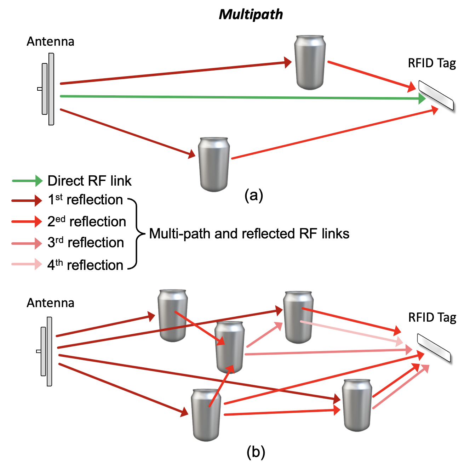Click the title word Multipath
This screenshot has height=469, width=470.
(x=251, y=15)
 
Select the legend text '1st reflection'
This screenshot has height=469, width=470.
(x=85, y=200)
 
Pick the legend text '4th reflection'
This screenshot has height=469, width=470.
(x=85, y=265)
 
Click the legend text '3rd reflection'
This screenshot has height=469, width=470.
(x=86, y=243)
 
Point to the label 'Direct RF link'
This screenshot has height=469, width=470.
(x=90, y=181)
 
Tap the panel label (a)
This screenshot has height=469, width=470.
(x=254, y=195)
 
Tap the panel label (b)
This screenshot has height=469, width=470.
(x=256, y=452)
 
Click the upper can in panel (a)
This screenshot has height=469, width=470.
(x=310, y=62)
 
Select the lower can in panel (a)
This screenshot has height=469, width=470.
(x=214, y=164)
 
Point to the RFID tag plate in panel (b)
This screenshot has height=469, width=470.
(x=434, y=348)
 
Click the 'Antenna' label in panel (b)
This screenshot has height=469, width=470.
(x=51, y=303)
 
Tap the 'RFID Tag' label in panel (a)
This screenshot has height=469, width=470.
(x=432, y=63)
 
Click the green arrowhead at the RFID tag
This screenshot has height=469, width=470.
(x=422, y=98)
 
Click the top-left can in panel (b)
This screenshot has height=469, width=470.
(x=173, y=315)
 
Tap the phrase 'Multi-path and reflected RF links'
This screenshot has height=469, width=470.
(x=249, y=234)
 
